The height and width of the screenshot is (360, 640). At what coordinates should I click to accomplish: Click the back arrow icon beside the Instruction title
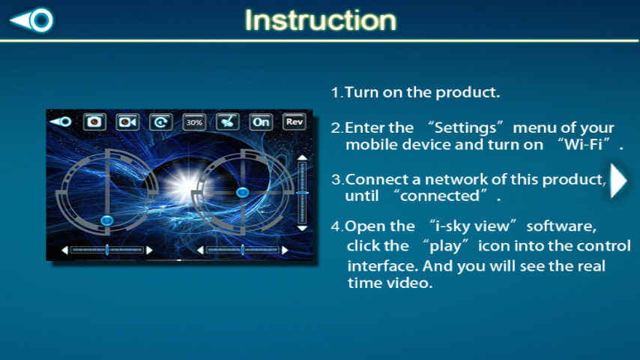pos(31,19)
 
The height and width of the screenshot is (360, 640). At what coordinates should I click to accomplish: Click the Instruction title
pos(321,20)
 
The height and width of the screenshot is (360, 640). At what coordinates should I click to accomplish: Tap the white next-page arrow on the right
pos(618,180)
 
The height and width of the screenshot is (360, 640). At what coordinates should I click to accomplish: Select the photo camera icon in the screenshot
pos(94,121)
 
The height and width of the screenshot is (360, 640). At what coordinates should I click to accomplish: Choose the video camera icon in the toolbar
pos(127,121)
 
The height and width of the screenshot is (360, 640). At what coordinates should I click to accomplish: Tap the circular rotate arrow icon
pos(161,121)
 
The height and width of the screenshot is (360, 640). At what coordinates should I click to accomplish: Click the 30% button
pos(194,121)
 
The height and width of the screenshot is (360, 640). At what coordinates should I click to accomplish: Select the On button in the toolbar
pos(261,121)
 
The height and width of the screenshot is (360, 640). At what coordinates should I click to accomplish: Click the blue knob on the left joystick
pos(107,220)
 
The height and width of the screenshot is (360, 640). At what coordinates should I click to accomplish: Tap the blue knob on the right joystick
pos(243,193)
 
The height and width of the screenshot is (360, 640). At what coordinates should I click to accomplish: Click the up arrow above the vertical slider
pos(302,157)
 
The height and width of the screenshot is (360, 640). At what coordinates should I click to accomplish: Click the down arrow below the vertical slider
pos(302,228)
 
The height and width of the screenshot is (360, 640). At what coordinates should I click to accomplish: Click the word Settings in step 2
pos(465,128)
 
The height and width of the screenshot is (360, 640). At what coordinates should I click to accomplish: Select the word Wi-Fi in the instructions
pos(584,145)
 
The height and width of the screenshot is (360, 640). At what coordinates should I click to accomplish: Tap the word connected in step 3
pos(440,196)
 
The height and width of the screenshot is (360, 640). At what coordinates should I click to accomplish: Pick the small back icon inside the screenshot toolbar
pos(61,121)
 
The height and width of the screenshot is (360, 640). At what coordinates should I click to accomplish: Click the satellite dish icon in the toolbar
pos(227,121)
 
